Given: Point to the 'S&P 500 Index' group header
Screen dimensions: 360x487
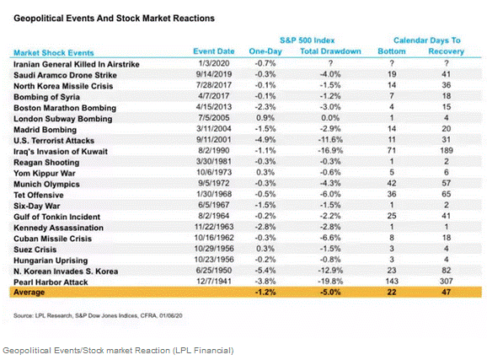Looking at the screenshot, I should [308, 39].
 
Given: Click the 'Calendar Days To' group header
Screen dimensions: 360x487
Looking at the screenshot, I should [428, 39].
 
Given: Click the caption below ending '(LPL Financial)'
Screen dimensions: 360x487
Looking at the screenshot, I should [118, 350].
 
